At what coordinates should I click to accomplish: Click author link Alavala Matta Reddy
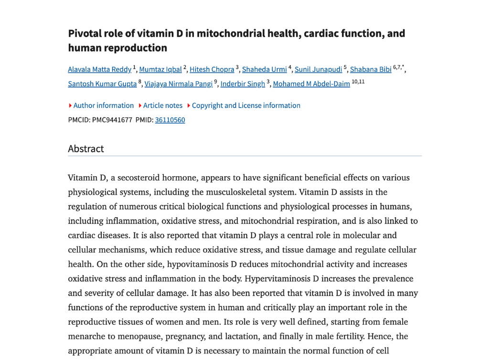tap(99, 70)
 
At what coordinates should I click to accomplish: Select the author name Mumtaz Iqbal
tap(160, 70)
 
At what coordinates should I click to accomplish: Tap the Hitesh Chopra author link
tap(212, 70)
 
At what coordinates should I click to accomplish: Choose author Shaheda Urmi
tap(264, 70)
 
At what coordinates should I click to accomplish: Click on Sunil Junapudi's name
tap(318, 70)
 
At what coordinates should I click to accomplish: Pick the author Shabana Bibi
tap(371, 70)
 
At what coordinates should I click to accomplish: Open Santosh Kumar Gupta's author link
tap(102, 84)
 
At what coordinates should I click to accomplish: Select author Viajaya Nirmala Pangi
tap(179, 84)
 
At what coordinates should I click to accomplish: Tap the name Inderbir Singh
tap(243, 84)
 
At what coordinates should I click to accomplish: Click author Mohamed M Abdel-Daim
tap(311, 84)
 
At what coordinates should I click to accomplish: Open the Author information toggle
tap(103, 106)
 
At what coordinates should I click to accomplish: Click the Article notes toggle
tap(162, 106)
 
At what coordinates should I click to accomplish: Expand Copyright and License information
tap(246, 106)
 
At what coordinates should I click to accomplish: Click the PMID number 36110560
tap(170, 120)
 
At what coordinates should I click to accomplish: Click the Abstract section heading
tap(86, 148)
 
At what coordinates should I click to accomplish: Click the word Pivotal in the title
tap(83, 33)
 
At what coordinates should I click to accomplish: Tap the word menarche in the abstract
tap(88, 337)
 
